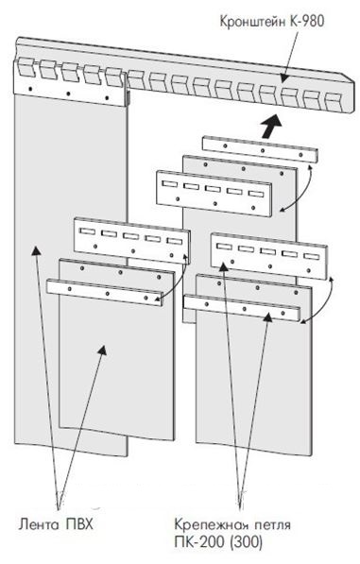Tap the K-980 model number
click(x=306, y=21)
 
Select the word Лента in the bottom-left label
click(x=39, y=524)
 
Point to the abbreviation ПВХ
click(x=79, y=523)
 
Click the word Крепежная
click(x=212, y=524)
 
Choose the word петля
click(x=273, y=524)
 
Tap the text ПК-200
click(x=200, y=542)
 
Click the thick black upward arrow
click(x=271, y=127)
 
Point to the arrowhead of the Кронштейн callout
click(x=283, y=78)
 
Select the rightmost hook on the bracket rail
click(x=333, y=102)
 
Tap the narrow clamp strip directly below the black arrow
click(x=260, y=149)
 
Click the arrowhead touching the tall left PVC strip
click(x=35, y=249)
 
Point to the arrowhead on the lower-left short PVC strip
click(x=102, y=350)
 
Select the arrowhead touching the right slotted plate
click(x=223, y=266)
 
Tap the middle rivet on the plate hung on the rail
click(x=68, y=94)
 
